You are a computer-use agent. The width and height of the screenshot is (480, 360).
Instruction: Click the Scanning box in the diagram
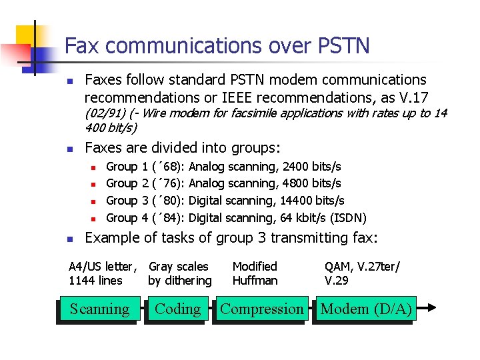click(99, 309)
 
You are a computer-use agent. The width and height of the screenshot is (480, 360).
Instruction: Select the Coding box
click(177, 309)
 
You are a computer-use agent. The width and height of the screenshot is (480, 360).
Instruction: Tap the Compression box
click(261, 309)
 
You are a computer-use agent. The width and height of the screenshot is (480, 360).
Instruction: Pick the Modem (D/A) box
click(366, 309)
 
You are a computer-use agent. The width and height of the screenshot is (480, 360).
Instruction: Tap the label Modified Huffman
click(255, 273)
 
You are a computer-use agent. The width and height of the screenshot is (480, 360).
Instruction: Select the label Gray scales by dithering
click(179, 273)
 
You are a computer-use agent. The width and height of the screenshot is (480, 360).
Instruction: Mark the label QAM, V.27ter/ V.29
click(362, 273)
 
